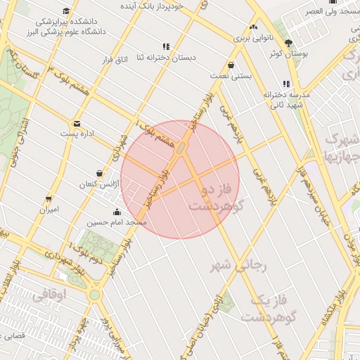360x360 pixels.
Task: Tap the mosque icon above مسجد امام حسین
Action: (x=116, y=212)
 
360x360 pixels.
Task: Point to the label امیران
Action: (x=49, y=210)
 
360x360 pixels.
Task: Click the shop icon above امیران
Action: (x=49, y=200)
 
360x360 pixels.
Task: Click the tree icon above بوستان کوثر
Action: (x=288, y=43)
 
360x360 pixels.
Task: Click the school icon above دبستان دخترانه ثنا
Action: (x=166, y=46)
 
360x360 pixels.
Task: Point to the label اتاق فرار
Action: (x=117, y=60)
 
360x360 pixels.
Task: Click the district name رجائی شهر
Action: (x=240, y=266)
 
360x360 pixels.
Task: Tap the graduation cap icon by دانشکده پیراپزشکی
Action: (x=66, y=11)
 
